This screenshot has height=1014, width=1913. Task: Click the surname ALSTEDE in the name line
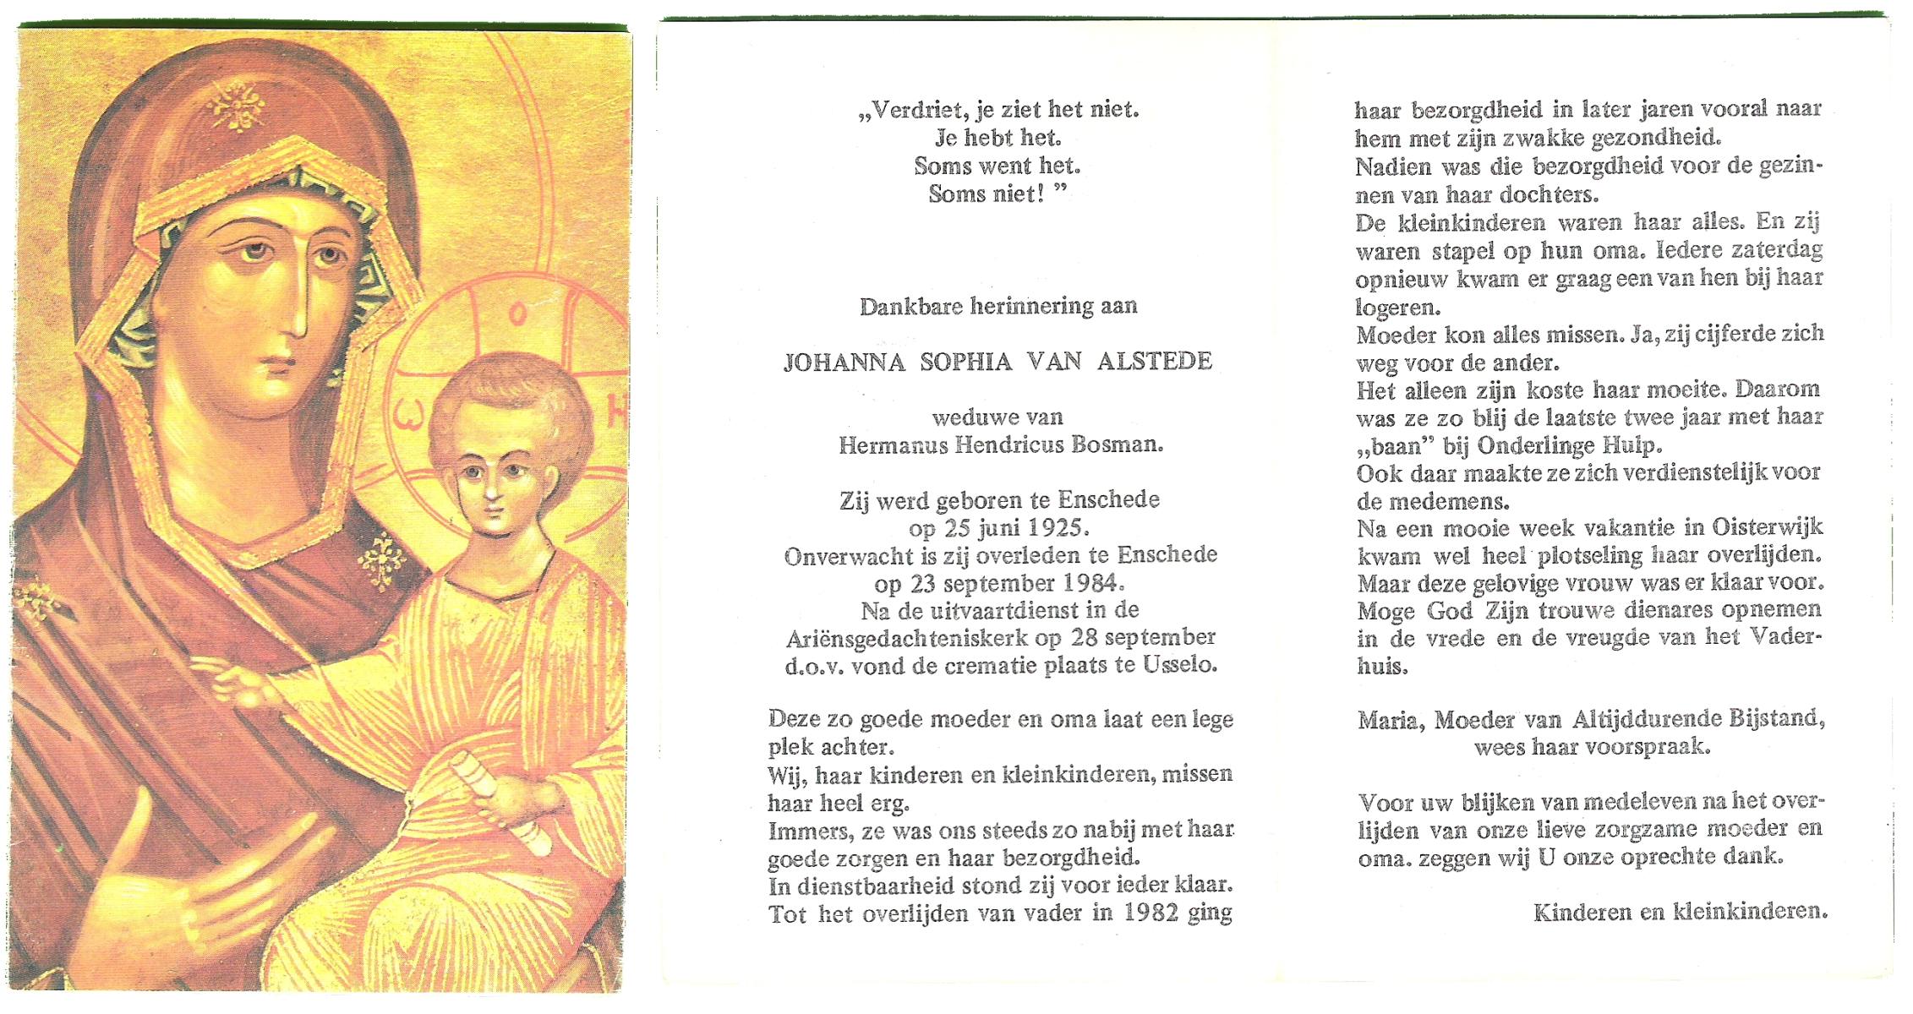click(x=1155, y=362)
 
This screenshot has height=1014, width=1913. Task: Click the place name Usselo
click(x=1180, y=665)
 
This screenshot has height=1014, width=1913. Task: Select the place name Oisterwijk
click(x=1767, y=527)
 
